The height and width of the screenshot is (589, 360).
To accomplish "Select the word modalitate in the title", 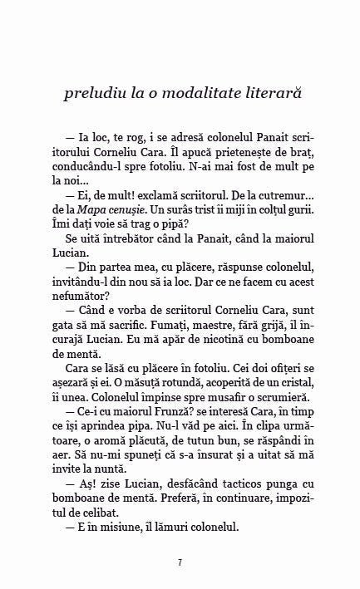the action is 198,94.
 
